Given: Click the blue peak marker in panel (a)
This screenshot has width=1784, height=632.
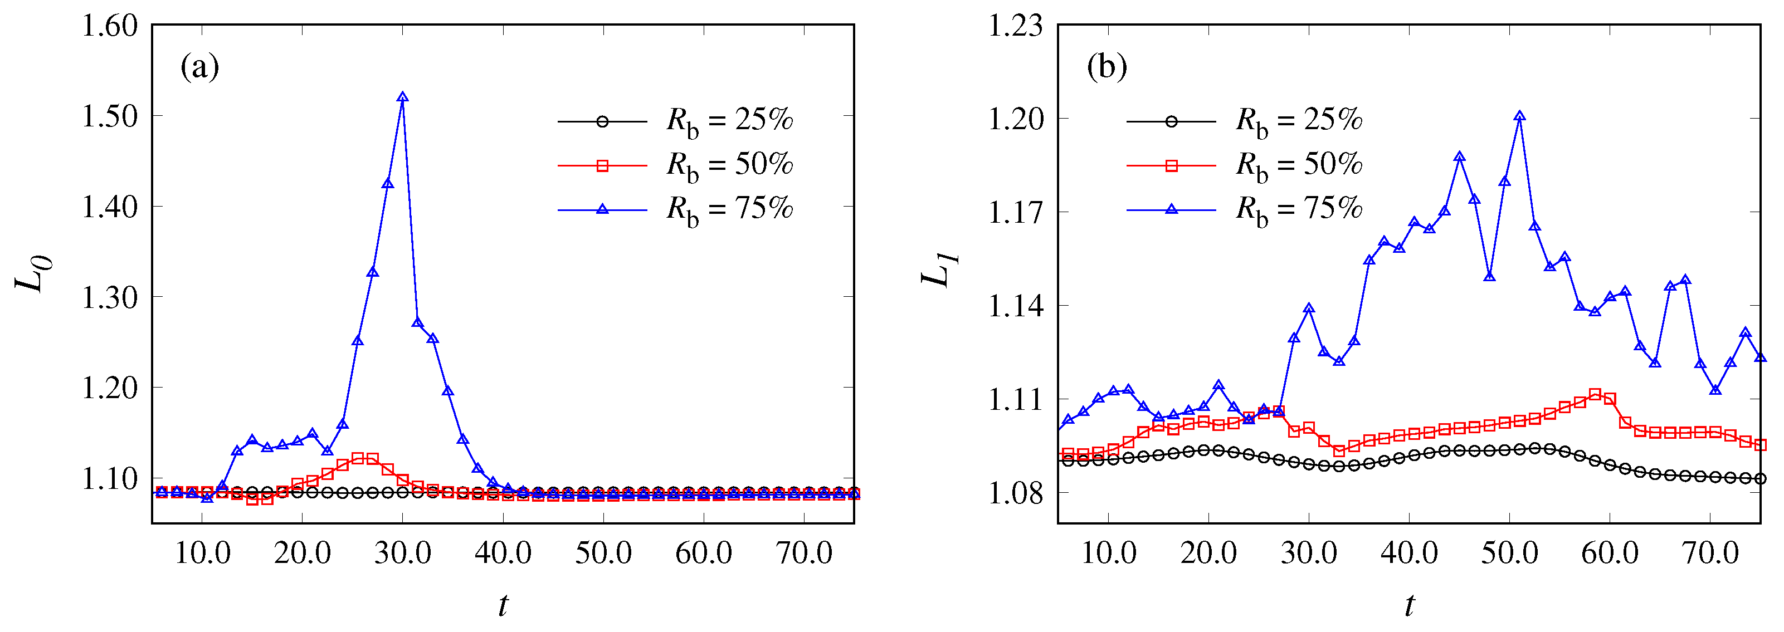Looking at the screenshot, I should tap(402, 97).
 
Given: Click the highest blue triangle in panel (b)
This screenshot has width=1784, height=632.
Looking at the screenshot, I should tap(1519, 116).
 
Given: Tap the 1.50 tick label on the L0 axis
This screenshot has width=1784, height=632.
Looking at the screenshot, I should tap(110, 116).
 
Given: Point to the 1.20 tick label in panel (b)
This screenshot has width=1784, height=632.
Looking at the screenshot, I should tap(1015, 119).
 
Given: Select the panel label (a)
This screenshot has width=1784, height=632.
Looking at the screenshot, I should tap(199, 67).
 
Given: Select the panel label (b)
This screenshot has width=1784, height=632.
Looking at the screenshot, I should tap(1107, 67).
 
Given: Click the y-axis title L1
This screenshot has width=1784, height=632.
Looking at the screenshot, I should tap(940, 270).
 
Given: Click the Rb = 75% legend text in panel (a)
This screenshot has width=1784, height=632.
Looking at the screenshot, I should tap(729, 209).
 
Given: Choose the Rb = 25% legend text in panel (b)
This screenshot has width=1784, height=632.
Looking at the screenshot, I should tap(1299, 120).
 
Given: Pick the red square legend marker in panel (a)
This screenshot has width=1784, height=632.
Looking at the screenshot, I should tap(602, 165).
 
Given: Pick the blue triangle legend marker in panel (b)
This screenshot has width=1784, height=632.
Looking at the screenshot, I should tap(1172, 209).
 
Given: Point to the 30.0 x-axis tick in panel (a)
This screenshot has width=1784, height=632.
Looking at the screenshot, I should tap(402, 552).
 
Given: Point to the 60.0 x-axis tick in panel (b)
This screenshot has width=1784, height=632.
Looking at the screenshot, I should tap(1610, 552).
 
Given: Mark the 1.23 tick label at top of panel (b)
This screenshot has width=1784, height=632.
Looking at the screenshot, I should tap(1015, 26).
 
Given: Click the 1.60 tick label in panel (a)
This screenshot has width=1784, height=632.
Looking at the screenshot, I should tap(110, 26).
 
